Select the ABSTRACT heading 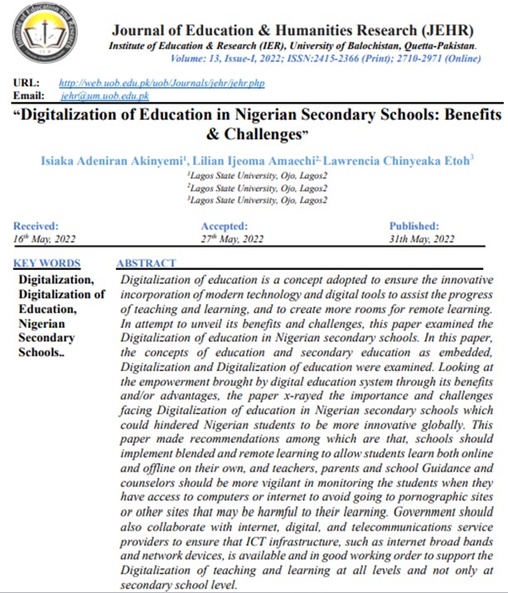click(x=146, y=263)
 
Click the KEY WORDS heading click(x=48, y=263)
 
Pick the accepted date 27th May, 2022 click(x=232, y=239)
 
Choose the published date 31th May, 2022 click(x=422, y=239)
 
